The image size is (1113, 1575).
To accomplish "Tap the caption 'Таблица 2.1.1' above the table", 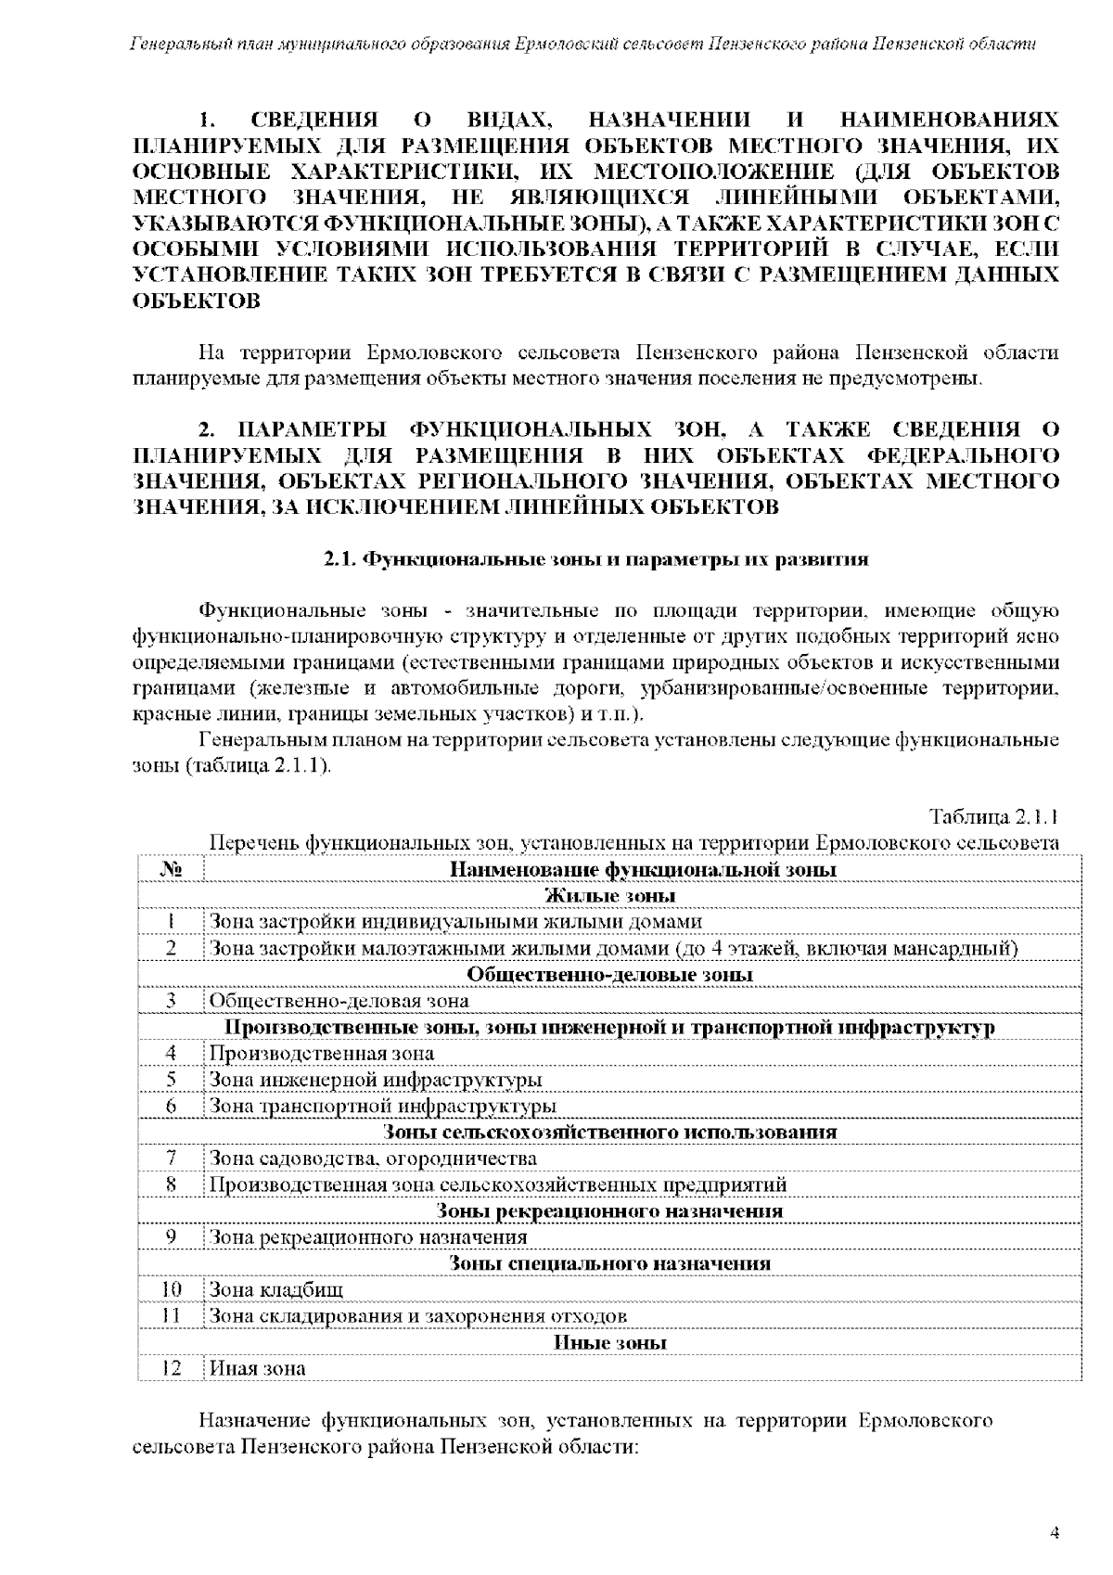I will pyautogui.click(x=993, y=817).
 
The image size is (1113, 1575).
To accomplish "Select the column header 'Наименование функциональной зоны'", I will pyautogui.click(x=643, y=869).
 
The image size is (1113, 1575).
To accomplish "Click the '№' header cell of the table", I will pyautogui.click(x=170, y=869).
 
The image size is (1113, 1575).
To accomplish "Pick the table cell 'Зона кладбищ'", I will pyautogui.click(x=276, y=1289).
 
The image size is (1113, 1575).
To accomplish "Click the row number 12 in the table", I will pyautogui.click(x=170, y=1368).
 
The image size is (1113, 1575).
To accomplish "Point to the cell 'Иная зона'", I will pyautogui.click(x=257, y=1368).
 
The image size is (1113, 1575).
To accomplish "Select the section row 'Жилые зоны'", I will pyautogui.click(x=609, y=895).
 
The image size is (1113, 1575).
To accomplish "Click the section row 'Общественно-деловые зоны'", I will pyautogui.click(x=609, y=974).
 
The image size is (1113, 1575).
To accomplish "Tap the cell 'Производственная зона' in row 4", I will pyautogui.click(x=322, y=1053).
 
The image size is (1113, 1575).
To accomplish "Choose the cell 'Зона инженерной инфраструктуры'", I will pyautogui.click(x=376, y=1080).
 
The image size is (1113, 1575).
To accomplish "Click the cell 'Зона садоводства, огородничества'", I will pyautogui.click(x=373, y=1159).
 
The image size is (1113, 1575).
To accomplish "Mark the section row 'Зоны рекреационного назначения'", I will pyautogui.click(x=609, y=1210).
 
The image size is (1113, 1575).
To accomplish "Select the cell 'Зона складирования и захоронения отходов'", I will pyautogui.click(x=417, y=1315).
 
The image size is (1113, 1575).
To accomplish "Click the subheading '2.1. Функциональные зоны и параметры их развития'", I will pyautogui.click(x=595, y=560).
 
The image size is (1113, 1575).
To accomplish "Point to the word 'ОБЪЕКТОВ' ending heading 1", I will pyautogui.click(x=197, y=301).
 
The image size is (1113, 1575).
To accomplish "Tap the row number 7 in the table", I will pyautogui.click(x=170, y=1159).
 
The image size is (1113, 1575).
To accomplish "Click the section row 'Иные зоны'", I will pyautogui.click(x=609, y=1342).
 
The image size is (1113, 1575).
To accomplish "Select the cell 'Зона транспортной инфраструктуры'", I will pyautogui.click(x=382, y=1106).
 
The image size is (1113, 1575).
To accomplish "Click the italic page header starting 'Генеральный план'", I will pyautogui.click(x=582, y=45).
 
